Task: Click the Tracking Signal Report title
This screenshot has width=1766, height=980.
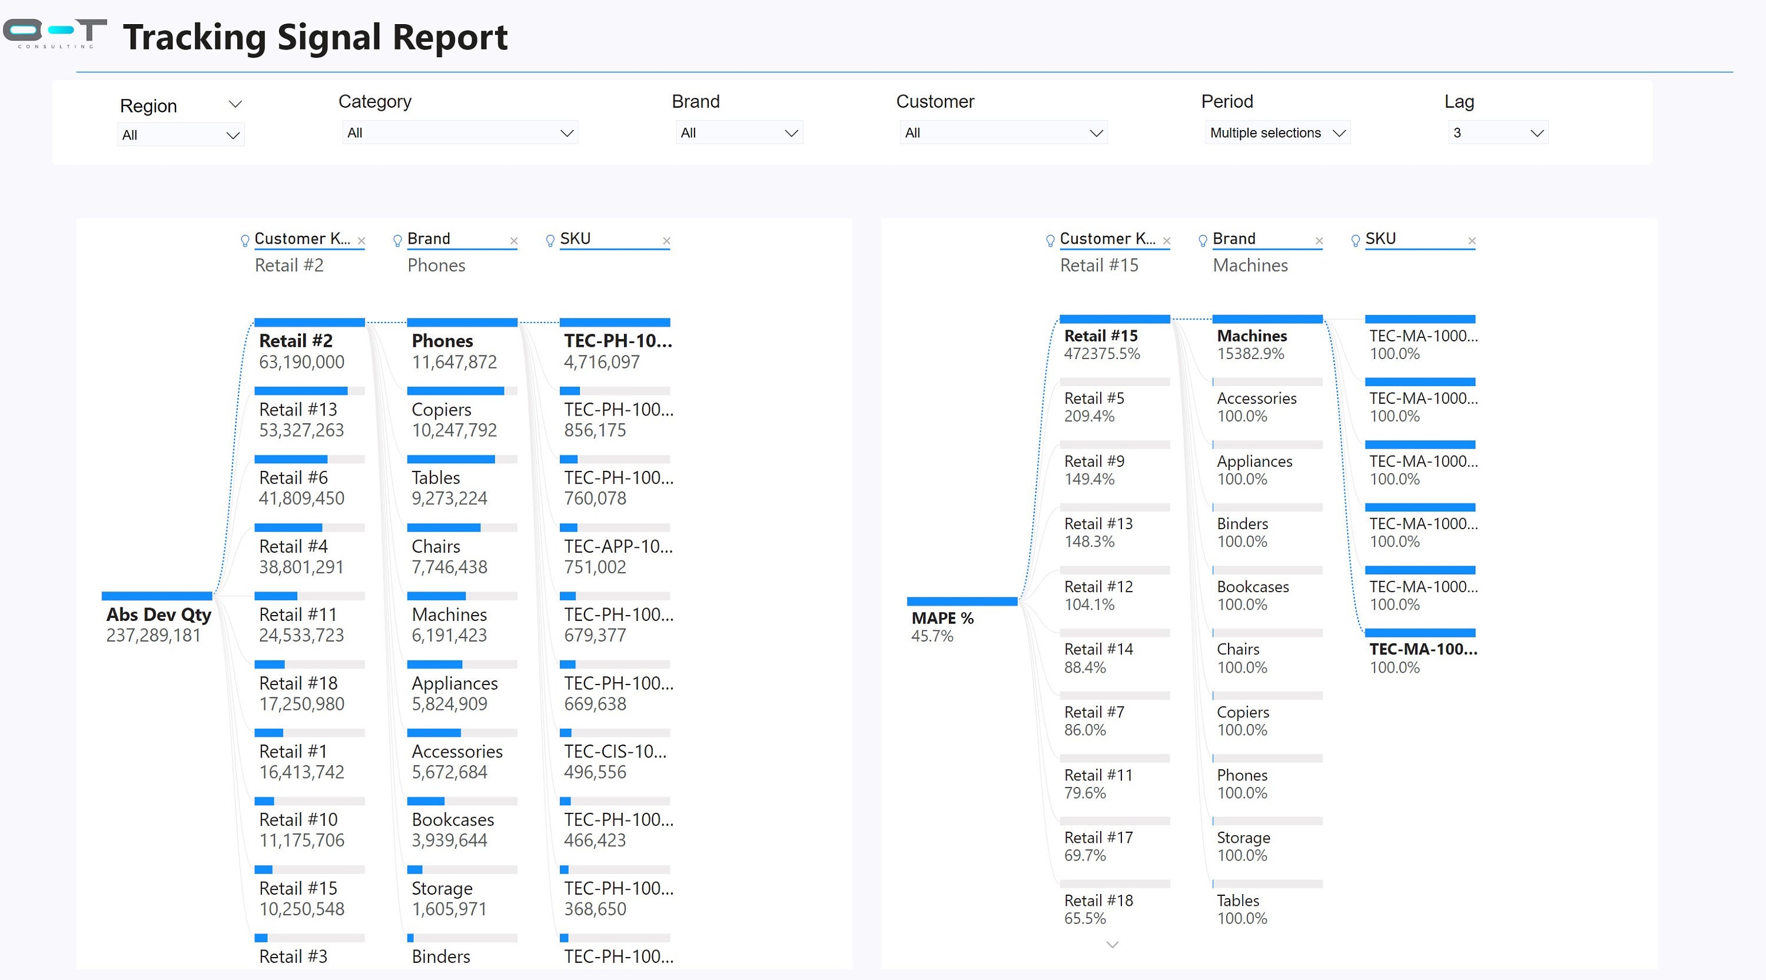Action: pyautogui.click(x=315, y=37)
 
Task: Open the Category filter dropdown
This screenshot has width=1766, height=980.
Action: pyautogui.click(x=459, y=133)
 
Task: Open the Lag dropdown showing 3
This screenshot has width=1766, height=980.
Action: pyautogui.click(x=1498, y=133)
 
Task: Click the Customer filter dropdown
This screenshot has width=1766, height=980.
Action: pyautogui.click(x=1003, y=133)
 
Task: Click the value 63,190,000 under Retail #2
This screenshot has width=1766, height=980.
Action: pyautogui.click(x=301, y=363)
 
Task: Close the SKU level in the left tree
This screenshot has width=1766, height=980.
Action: pyautogui.click(x=666, y=241)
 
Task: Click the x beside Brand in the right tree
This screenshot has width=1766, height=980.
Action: pyautogui.click(x=1319, y=241)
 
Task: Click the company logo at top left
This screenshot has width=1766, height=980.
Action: pyautogui.click(x=55, y=33)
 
